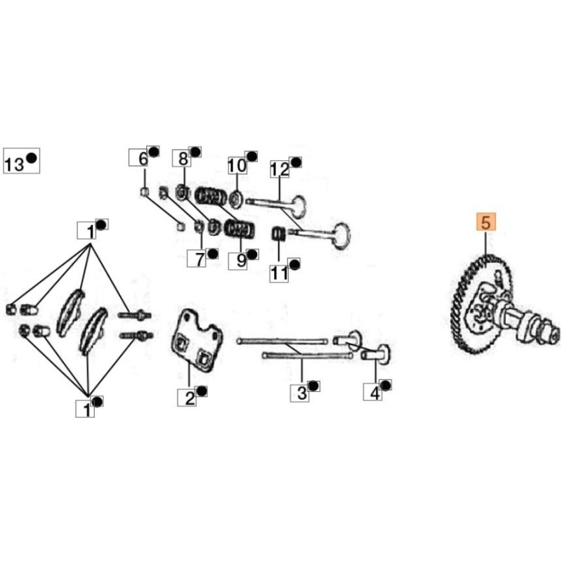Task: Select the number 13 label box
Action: click(x=22, y=161)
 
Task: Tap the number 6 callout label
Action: click(x=138, y=158)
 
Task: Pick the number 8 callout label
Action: click(x=182, y=159)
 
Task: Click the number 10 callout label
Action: click(x=237, y=165)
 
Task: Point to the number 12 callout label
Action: click(x=280, y=169)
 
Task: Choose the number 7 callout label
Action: click(x=197, y=259)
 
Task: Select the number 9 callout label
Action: click(x=237, y=261)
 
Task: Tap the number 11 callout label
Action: click(x=279, y=274)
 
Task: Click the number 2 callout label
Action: click(x=187, y=398)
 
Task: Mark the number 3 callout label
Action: click(x=300, y=393)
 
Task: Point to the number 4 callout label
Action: click(x=373, y=392)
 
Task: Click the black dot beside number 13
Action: click(x=32, y=157)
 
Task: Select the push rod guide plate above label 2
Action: click(x=196, y=338)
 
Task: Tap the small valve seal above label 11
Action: click(x=277, y=235)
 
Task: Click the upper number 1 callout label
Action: click(x=87, y=230)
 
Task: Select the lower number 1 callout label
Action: click(x=85, y=409)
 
